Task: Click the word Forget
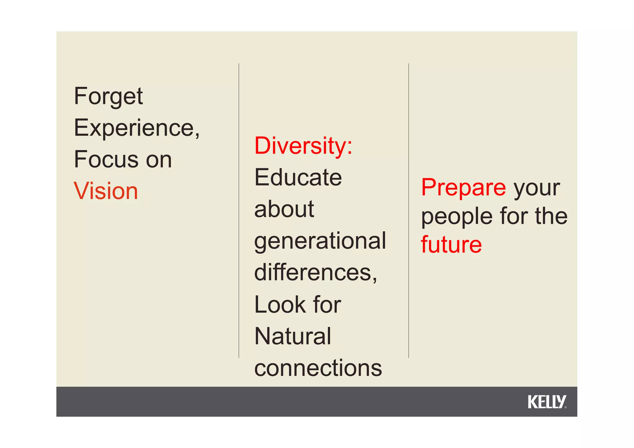[108, 96]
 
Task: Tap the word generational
[320, 241]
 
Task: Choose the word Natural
[293, 336]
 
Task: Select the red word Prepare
[463, 188]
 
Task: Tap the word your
[537, 188]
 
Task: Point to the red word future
[451, 245]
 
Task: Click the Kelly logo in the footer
[547, 402]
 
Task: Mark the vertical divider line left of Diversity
[239, 211]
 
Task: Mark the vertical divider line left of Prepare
[409, 211]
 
